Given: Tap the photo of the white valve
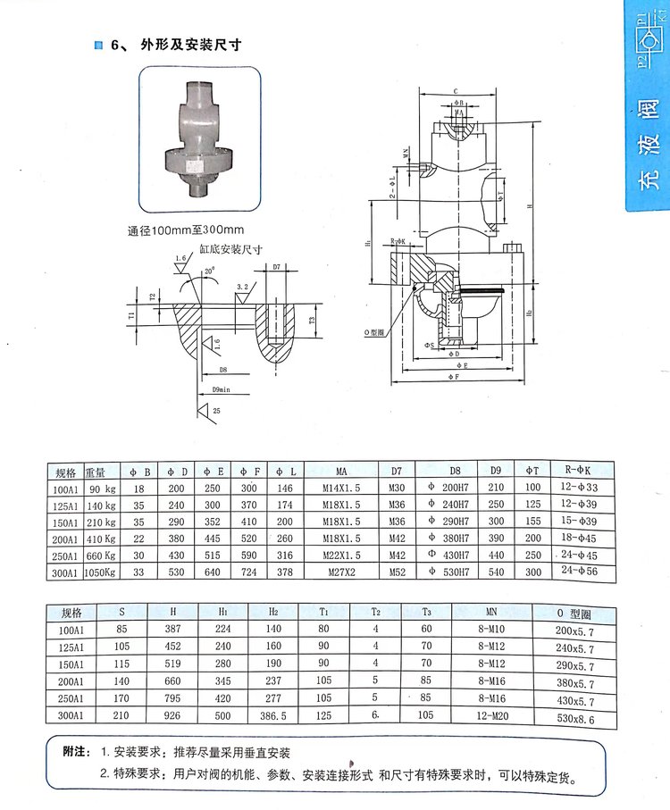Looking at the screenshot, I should click(198, 138).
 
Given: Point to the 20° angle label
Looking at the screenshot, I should click(209, 271).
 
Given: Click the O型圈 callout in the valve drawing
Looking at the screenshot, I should click(377, 331).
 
